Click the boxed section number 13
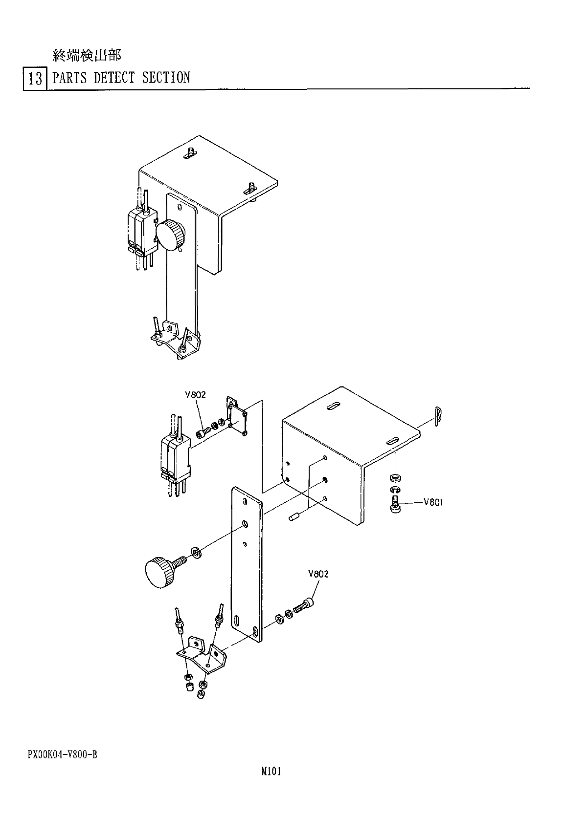(x=35, y=78)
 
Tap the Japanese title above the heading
(x=86, y=56)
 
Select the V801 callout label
(x=433, y=502)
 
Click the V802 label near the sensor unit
(x=195, y=395)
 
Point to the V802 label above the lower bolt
(x=318, y=574)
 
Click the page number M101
(x=271, y=772)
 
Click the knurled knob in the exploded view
(x=159, y=572)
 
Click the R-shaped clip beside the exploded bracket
(x=438, y=416)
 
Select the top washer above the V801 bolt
(x=394, y=477)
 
